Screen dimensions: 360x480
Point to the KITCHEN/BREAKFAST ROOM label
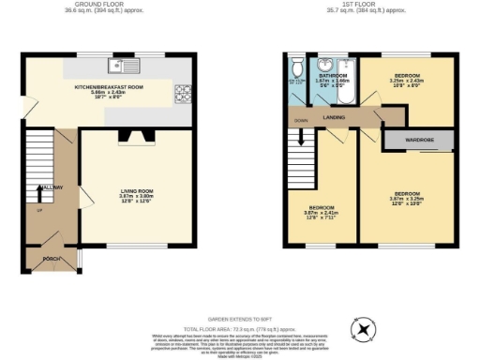coord(108,86)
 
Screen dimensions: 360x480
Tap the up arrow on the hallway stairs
coord(39,193)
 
